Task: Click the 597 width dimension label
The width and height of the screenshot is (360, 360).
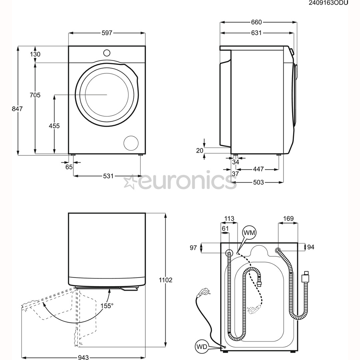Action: coord(107,33)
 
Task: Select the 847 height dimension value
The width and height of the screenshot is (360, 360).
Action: coord(17,109)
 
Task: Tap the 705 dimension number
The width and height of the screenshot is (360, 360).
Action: coord(35,95)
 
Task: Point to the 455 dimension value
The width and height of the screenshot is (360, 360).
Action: coord(54,126)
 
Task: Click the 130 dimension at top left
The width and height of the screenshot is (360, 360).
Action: coord(35,54)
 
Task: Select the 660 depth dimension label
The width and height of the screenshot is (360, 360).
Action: coord(256,22)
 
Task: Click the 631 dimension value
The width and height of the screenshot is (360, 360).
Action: coord(256,33)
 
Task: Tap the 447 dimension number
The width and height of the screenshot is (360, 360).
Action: coord(258,169)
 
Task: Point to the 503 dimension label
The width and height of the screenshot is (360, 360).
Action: coord(258,182)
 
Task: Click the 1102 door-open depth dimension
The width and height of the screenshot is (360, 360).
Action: coord(165,280)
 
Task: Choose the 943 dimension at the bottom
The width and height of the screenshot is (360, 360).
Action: coord(83,357)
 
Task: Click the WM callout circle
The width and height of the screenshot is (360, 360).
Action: coord(249,233)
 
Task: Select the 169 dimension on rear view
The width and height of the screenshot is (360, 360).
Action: coord(288,219)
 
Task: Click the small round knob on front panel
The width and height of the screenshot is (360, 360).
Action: coord(107,53)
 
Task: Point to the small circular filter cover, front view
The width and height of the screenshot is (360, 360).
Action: coord(131,143)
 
